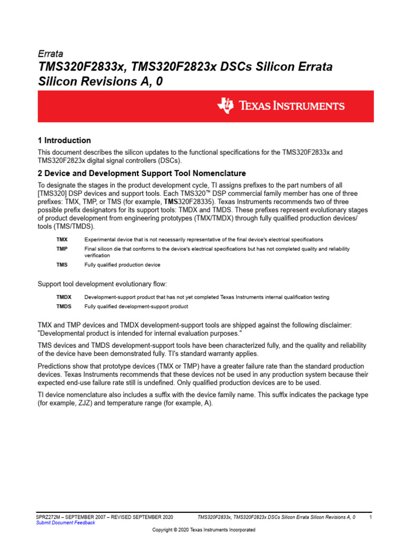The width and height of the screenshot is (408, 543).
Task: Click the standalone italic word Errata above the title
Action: point(50,54)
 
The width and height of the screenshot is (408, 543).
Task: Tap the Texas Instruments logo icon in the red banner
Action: point(225,106)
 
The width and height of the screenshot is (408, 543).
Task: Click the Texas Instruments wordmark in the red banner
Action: point(291,106)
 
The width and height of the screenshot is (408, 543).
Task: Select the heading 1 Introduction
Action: point(64,141)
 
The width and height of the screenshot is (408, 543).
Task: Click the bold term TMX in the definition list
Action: point(62,240)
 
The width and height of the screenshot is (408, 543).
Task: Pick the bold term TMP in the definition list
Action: point(62,249)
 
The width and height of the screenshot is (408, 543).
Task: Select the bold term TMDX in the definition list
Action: point(64,297)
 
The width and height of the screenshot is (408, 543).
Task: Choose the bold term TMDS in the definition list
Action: point(64,306)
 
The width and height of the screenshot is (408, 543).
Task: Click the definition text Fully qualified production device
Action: point(122,265)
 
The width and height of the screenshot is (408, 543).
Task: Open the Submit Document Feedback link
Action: point(65,522)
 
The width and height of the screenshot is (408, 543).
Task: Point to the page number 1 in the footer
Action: point(370,516)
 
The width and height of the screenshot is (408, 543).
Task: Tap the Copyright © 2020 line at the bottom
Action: point(203,530)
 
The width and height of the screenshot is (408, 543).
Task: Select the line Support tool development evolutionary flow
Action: point(102,284)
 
